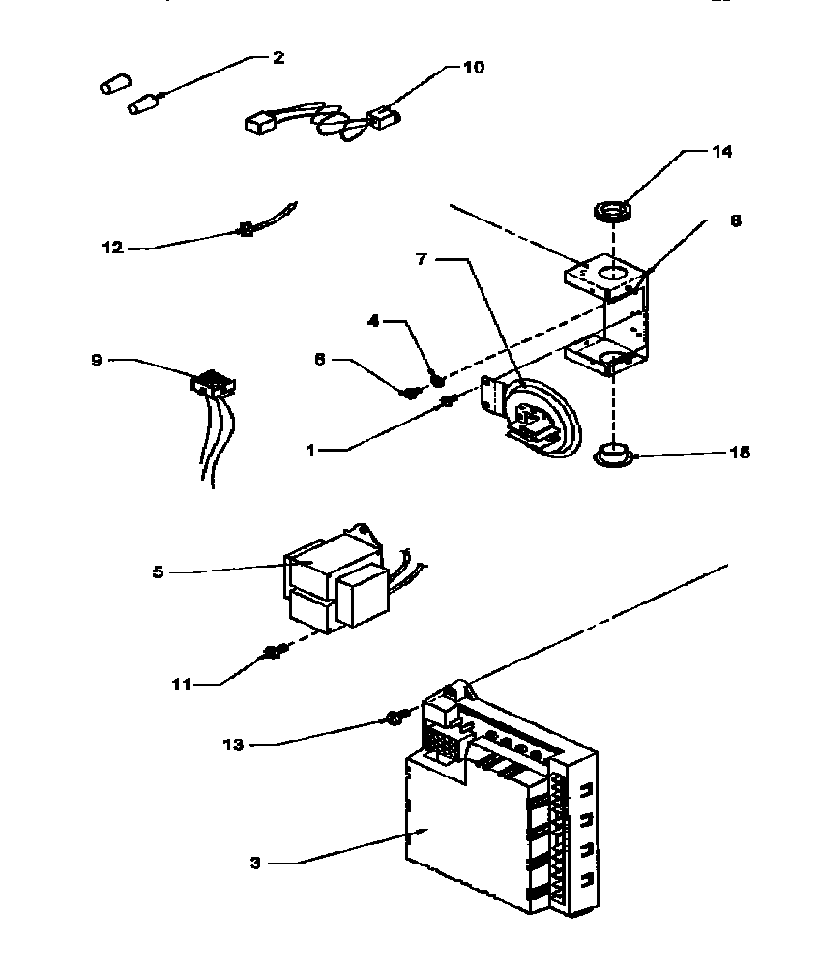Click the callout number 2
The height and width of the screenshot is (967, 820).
click(x=278, y=57)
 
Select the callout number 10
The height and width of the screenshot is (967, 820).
click(x=474, y=67)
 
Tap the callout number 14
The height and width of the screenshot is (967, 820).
click(x=722, y=152)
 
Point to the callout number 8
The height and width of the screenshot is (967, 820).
click(x=736, y=221)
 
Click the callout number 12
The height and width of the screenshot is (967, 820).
click(x=113, y=248)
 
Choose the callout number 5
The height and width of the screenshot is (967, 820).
click(x=158, y=571)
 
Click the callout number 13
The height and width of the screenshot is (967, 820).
click(x=233, y=745)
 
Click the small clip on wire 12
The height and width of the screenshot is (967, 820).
click(x=246, y=230)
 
